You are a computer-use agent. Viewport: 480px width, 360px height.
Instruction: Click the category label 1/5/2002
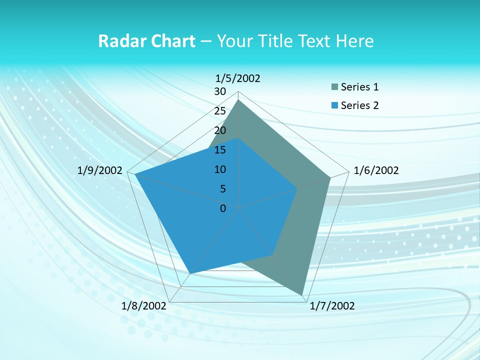237,78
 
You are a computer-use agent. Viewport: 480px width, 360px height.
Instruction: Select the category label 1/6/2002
376,170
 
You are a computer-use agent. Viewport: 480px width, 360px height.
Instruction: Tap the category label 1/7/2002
332,306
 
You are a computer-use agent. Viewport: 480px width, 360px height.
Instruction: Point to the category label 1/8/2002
143,306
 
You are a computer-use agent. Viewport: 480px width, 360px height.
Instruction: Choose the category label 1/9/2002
100,170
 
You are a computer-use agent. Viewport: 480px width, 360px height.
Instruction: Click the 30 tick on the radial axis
220,91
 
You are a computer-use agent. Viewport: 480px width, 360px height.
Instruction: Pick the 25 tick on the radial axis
220,111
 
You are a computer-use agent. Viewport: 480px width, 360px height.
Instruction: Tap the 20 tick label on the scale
220,130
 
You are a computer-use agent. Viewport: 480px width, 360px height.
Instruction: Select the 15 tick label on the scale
220,150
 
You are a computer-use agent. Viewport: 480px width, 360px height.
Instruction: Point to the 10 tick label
220,169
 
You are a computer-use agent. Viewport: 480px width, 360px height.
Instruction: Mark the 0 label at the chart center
223,208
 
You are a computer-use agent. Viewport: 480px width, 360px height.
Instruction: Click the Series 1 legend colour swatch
334,87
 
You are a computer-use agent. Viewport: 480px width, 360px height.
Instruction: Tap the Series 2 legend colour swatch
334,105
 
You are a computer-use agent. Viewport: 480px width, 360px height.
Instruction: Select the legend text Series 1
359,87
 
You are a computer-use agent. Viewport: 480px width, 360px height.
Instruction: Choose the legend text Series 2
359,105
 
